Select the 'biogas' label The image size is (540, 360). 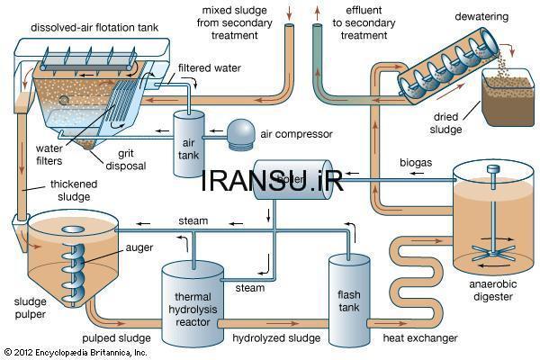click(417, 163)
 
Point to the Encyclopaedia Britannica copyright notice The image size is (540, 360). click(76, 353)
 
